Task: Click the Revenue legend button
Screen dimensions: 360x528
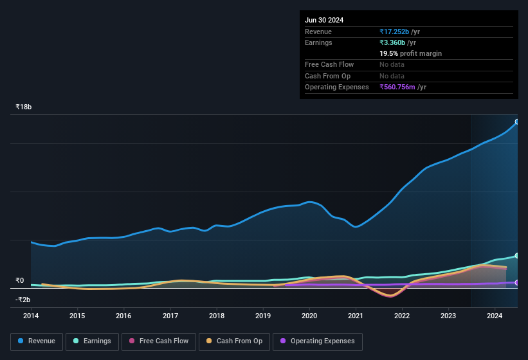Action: [x=37, y=341]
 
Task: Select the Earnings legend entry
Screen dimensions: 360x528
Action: [x=92, y=341]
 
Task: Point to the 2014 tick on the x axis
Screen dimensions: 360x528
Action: [x=31, y=316]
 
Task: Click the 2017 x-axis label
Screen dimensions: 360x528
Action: [x=170, y=316]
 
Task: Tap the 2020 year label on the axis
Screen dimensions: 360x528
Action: [x=309, y=316]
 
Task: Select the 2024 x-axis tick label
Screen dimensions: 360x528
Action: [x=495, y=316]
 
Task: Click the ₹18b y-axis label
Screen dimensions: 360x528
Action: [x=24, y=107]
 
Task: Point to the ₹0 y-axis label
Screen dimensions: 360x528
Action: [x=19, y=280]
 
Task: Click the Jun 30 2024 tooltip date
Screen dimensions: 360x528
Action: [x=324, y=20]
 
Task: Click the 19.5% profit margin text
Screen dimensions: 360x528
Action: [x=410, y=53]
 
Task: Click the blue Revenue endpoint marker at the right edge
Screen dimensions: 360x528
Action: [x=517, y=122]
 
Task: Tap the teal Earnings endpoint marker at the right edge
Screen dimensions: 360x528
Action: [x=517, y=256]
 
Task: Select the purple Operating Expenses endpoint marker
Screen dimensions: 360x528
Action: [x=517, y=283]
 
